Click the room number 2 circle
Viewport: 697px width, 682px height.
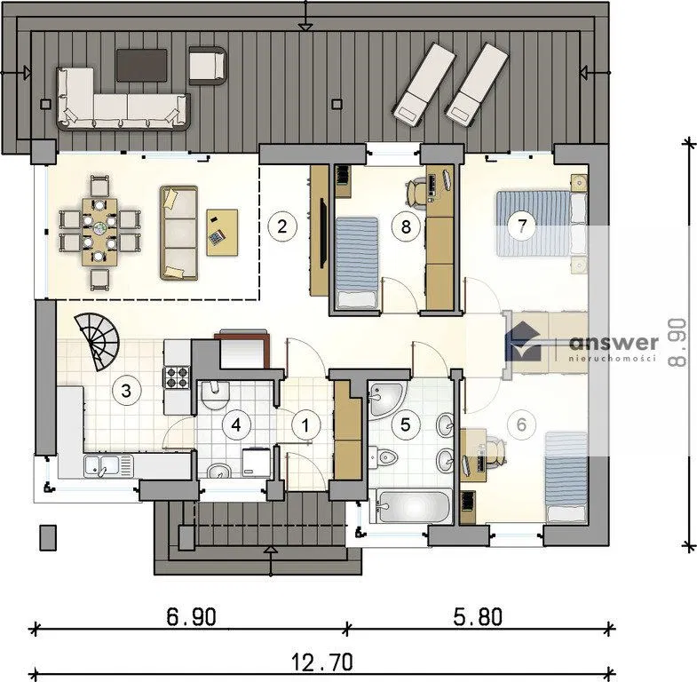coord(281,226)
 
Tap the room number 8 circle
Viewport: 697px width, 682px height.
coord(406,226)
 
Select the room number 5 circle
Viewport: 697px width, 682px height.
coord(406,424)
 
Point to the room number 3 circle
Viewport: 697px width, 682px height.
coord(127,391)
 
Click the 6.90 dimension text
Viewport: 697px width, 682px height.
coord(192,616)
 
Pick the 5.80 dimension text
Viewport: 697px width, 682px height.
coord(479,616)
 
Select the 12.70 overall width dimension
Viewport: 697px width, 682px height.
coord(322,662)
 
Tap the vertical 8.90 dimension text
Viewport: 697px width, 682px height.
coord(677,342)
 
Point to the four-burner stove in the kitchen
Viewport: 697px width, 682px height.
coord(177,377)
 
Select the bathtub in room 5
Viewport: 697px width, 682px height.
coord(410,505)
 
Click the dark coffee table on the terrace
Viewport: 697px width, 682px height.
coord(142,66)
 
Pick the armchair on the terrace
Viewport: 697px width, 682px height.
coord(208,66)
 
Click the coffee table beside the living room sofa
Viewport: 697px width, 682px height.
coord(222,233)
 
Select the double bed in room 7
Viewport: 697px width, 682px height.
coord(542,224)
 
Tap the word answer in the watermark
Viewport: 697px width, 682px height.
coord(614,343)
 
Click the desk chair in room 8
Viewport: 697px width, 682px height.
coord(417,193)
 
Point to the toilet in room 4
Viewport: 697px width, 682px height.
coord(215,395)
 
